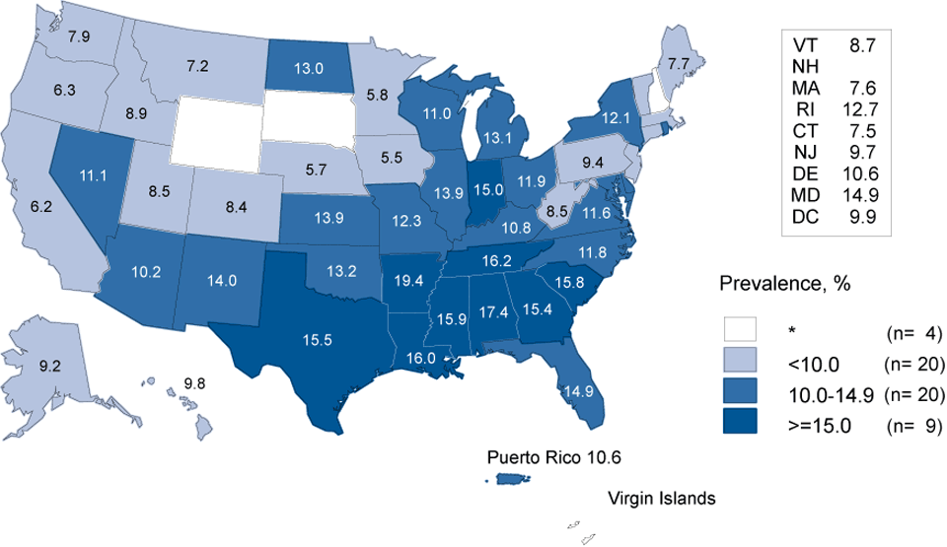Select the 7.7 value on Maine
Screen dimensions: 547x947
click(678, 63)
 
